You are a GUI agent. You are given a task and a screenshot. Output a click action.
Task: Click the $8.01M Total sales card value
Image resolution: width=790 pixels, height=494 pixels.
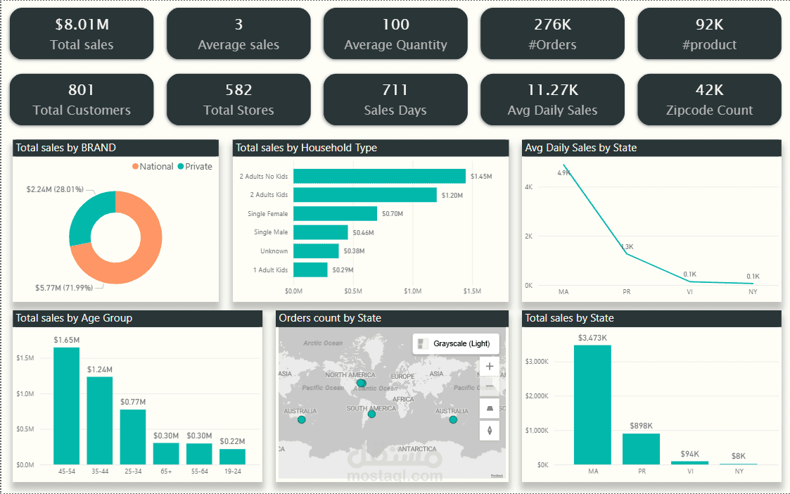82,25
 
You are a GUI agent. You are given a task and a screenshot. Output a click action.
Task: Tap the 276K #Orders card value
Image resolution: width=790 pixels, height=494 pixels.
552,25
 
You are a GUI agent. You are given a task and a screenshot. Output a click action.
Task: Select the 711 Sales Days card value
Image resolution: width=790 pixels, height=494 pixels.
395,90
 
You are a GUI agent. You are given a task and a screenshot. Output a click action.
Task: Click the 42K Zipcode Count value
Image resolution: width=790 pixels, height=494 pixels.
709,90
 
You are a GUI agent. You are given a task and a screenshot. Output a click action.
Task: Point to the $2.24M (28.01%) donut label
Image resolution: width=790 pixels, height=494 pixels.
55,190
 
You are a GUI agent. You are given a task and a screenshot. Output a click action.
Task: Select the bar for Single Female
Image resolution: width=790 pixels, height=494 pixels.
335,213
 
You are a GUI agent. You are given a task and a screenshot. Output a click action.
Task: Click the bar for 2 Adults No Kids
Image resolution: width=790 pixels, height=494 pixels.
379,176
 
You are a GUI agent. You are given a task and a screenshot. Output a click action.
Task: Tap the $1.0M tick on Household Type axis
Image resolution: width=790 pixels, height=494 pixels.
413,291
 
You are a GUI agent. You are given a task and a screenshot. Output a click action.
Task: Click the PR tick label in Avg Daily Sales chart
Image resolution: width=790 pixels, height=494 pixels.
627,291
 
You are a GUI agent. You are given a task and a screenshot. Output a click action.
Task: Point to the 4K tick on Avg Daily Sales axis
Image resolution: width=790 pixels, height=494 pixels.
528,187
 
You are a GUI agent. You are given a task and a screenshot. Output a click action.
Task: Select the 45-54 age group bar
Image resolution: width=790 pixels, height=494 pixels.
67,405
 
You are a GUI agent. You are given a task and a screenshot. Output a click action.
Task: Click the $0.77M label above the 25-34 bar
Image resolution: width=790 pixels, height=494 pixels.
133,402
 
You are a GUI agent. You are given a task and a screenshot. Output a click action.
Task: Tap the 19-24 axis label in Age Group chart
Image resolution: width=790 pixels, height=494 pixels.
232,471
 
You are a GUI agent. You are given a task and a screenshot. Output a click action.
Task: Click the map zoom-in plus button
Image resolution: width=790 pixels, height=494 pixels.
490,367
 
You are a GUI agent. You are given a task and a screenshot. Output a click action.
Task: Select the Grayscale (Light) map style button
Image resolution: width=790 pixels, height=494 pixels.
456,343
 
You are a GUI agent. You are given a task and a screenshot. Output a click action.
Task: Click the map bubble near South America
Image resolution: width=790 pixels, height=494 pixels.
371,414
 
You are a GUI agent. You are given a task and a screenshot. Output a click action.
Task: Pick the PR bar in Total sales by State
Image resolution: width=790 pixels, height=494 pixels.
641,449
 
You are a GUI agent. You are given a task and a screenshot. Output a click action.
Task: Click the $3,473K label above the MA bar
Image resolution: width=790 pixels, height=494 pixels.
592,338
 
